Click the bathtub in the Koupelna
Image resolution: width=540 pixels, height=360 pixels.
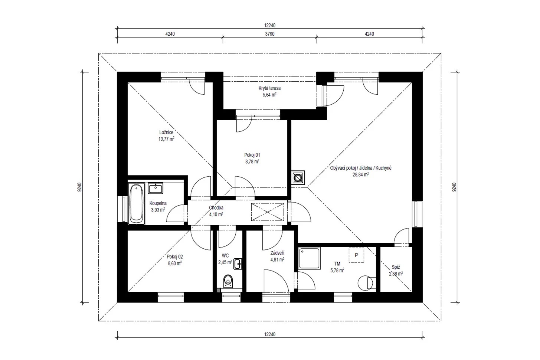136,203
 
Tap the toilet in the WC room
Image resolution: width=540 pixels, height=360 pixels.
228,281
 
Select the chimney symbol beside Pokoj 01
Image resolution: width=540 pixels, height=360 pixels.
298,178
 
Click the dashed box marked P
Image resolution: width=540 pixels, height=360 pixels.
356,255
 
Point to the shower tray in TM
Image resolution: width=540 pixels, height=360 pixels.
309,258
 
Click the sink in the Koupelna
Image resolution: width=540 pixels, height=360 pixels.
156,188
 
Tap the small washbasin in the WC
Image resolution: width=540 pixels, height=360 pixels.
238,264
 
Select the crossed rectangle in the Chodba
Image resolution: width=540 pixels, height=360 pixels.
267,212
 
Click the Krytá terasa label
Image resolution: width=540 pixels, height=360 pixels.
269,88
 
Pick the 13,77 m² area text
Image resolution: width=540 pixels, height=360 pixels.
166,139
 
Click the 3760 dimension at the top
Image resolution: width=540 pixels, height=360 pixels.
270,34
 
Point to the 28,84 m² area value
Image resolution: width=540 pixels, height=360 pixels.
361,174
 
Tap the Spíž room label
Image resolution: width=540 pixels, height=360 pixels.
396,267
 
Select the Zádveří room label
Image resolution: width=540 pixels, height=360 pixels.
277,253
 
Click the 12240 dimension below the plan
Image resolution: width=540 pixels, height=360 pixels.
270,334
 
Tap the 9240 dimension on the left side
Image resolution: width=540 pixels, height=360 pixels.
80,187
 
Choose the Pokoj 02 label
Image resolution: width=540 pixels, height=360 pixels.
175,257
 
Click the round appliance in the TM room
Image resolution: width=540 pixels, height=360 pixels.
365,283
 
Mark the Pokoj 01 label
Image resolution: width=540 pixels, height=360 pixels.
252,155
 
